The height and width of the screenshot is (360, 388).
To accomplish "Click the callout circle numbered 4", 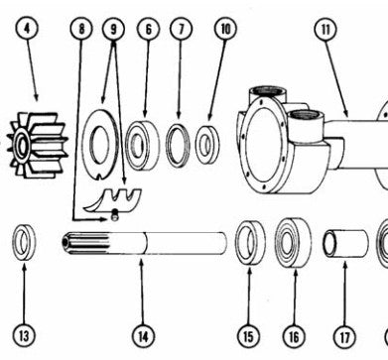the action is click(27, 28).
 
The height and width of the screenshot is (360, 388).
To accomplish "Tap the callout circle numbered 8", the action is click(81, 29).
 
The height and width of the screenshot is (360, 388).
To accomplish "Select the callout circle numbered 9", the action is click(113, 29).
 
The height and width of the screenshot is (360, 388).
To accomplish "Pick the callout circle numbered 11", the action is click(325, 29).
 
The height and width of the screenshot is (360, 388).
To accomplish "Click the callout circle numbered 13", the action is click(24, 336).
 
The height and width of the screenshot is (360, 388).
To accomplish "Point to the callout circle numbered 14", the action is click(143, 336).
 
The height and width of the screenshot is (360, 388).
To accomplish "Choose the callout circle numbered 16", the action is click(294, 337).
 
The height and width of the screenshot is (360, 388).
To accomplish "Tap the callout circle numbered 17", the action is click(344, 337).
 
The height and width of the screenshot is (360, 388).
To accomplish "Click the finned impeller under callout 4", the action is click(37, 146).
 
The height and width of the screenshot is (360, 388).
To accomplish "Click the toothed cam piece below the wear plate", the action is click(114, 200).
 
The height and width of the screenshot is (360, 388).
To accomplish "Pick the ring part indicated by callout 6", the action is click(143, 145).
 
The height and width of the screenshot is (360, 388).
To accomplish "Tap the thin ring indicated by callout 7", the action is click(178, 145).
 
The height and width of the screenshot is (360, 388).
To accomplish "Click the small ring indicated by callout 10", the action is click(207, 145).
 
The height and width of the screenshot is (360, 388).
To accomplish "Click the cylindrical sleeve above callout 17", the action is click(345, 244).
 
